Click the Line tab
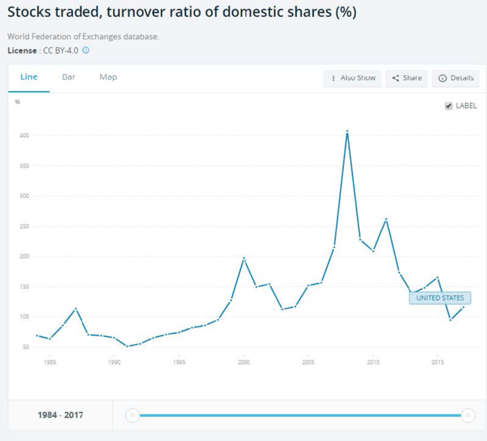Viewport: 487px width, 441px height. click(28, 77)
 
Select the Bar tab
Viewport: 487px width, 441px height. click(68, 77)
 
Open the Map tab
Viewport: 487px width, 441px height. click(108, 77)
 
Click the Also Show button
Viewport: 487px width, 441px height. click(352, 78)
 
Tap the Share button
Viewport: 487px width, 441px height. click(407, 78)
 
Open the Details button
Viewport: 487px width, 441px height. click(456, 78)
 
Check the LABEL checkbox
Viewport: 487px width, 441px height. click(448, 106)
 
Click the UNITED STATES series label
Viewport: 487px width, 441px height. click(440, 298)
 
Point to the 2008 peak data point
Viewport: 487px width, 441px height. click(347, 131)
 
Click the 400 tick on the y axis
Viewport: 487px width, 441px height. click(24, 135)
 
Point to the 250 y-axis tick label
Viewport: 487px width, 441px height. click(24, 226)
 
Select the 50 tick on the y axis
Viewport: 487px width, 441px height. click(25, 347)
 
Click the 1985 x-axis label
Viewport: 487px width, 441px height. click(49, 363)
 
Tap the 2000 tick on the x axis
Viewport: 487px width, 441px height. click(243, 363)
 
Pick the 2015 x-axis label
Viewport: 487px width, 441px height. click(438, 363)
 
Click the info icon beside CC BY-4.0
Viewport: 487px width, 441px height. click(86, 50)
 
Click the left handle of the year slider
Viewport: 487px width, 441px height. click(133, 415)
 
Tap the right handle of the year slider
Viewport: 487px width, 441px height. click(467, 415)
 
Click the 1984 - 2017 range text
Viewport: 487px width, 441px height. click(60, 415)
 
